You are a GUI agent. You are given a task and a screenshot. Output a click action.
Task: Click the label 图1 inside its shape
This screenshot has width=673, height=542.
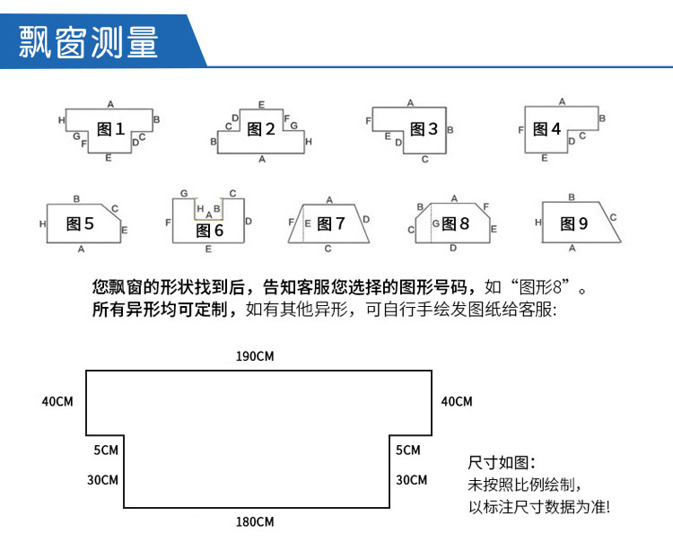[x=110, y=130]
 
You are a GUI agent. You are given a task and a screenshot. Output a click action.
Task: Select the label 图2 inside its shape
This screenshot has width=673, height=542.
[x=260, y=130]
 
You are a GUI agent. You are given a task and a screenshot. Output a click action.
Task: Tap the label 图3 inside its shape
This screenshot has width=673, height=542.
[x=424, y=130]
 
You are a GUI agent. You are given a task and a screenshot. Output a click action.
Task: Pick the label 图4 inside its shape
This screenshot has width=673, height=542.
[x=546, y=130]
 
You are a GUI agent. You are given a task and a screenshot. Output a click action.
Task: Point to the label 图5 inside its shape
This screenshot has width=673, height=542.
[x=80, y=223]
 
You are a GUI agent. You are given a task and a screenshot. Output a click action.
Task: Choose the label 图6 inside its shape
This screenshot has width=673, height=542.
[x=209, y=231]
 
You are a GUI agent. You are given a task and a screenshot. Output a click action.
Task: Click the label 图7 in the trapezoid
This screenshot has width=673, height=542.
[x=331, y=223]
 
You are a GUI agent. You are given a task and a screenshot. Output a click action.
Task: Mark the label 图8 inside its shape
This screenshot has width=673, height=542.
[x=455, y=223]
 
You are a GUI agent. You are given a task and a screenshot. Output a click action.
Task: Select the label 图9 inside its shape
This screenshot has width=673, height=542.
[x=573, y=223]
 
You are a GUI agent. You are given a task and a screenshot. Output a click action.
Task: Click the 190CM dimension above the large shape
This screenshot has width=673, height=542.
[x=255, y=356]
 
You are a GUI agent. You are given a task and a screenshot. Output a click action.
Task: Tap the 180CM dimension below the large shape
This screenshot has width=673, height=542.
[x=255, y=521]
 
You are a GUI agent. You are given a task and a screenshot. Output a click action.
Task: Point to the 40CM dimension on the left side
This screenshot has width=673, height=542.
[x=57, y=401]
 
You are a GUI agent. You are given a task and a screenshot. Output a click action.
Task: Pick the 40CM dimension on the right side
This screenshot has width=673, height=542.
[x=456, y=401]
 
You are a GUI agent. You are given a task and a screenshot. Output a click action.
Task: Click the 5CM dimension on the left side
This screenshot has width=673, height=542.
[x=105, y=450]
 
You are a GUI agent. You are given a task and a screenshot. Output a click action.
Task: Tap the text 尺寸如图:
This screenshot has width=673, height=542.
[x=502, y=463]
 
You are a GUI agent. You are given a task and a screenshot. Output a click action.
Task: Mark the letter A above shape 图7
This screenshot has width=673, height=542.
[x=329, y=199]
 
